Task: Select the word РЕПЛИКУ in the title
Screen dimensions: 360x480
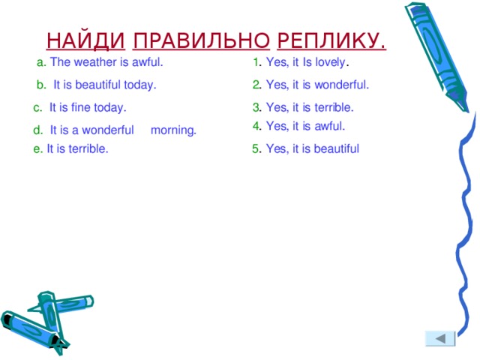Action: (x=328, y=40)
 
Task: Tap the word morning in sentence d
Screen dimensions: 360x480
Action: (x=172, y=130)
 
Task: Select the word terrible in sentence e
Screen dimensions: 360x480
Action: (x=88, y=148)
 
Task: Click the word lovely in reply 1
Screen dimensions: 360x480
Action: (x=329, y=62)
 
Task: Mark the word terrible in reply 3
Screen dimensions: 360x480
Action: (x=331, y=107)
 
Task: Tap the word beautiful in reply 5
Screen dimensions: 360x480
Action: (x=337, y=148)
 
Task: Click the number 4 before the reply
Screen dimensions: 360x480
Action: (x=256, y=126)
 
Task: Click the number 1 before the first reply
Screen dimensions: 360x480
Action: (x=256, y=62)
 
